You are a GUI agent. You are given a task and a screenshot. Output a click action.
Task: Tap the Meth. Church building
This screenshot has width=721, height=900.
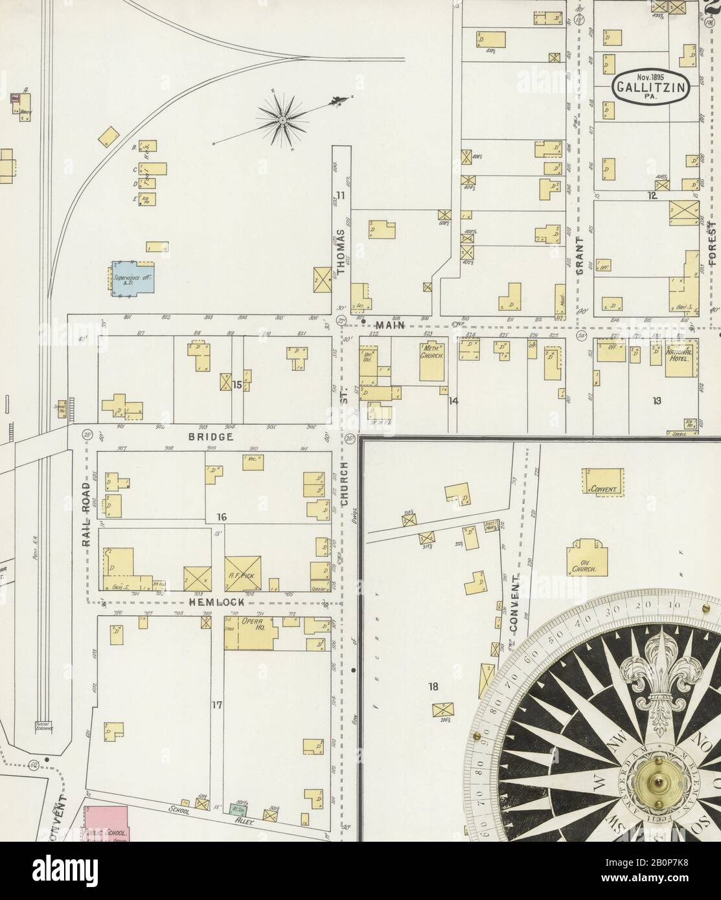pos(431,361)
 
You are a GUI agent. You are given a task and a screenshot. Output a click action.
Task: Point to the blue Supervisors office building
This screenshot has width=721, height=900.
pos(135,279)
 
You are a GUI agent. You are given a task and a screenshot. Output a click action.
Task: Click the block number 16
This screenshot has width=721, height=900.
pos(222,517)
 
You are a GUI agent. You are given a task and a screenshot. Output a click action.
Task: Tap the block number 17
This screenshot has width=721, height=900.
pos(216,706)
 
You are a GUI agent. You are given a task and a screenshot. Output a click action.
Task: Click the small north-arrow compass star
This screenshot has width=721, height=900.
pos(283,118)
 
